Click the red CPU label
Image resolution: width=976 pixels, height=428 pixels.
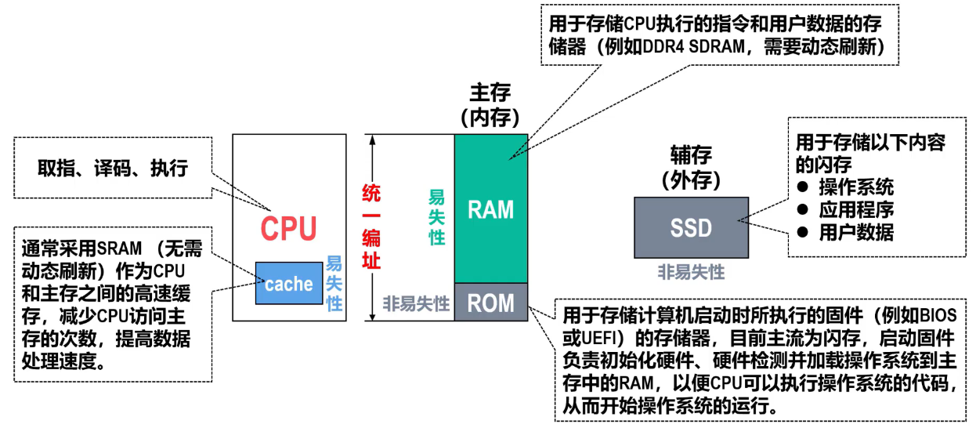tap(288, 228)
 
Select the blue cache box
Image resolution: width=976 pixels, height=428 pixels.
tap(288, 284)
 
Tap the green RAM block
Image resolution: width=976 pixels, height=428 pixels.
tap(490, 209)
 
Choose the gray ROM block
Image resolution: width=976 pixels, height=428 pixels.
tap(490, 303)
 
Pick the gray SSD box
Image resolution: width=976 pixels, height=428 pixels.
tap(690, 227)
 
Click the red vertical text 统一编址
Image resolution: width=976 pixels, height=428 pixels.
tap(371, 227)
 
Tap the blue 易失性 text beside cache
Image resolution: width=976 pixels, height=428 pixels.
tap(334, 283)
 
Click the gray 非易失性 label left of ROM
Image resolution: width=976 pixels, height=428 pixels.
tap(416, 303)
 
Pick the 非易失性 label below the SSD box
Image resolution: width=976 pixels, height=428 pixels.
tap(691, 272)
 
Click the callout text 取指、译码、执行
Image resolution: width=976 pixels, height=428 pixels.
tap(113, 168)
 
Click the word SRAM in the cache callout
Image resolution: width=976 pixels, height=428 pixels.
tap(117, 249)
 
